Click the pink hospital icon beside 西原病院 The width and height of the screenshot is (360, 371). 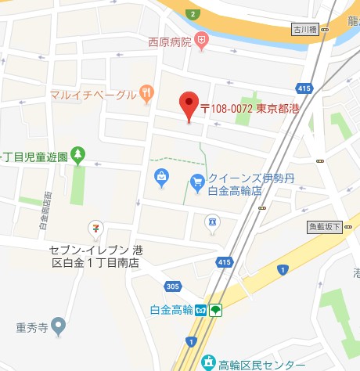202,39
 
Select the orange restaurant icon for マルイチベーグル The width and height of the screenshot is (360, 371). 146,92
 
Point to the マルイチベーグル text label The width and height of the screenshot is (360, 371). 93,93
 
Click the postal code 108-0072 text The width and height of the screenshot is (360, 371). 225,109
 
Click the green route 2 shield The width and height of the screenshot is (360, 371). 192,13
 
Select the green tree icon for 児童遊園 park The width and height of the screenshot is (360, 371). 77,156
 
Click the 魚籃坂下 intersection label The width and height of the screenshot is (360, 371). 324,227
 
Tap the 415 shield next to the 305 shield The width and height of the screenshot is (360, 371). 225,261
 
